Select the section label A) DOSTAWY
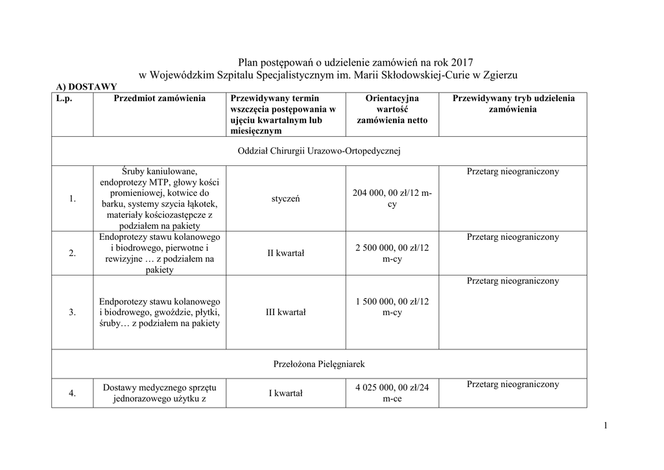pyautogui.click(x=86, y=86)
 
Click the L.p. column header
pyautogui.click(x=64, y=99)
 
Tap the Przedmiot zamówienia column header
pyautogui.click(x=160, y=99)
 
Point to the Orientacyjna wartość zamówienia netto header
pyautogui.click(x=392, y=109)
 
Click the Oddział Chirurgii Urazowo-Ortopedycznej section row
pyautogui.click(x=319, y=151)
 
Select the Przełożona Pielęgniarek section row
pyautogui.click(x=319, y=364)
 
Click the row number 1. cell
pyautogui.click(x=72, y=199)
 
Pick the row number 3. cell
pyautogui.click(x=72, y=312)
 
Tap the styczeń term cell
pyautogui.click(x=285, y=199)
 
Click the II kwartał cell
pyautogui.click(x=285, y=253)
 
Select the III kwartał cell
pyautogui.click(x=285, y=312)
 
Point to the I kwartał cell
pyautogui.click(x=285, y=393)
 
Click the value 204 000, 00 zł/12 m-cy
pyautogui.click(x=392, y=198)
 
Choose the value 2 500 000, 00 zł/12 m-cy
pyautogui.click(x=392, y=253)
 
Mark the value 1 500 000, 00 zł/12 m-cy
pyautogui.click(x=392, y=307)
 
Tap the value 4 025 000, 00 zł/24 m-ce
pyautogui.click(x=392, y=393)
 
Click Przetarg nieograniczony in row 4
pyautogui.click(x=512, y=384)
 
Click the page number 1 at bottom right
pyautogui.click(x=604, y=425)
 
